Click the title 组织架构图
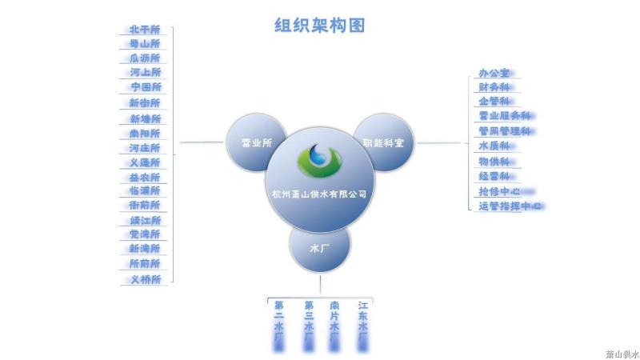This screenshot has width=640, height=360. click(320, 26)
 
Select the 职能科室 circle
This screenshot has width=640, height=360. click(383, 143)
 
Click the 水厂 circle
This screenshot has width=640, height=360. click(319, 248)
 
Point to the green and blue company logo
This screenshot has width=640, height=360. click(319, 159)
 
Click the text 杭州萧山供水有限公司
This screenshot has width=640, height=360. click(319, 194)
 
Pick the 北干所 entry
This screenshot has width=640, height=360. click(145, 30)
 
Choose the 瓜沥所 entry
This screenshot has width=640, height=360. click(145, 58)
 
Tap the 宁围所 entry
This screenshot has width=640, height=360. click(146, 87)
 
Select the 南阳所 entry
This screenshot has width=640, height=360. click(145, 134)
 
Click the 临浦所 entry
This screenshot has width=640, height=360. click(145, 191)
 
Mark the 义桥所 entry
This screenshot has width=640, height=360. click(145, 279)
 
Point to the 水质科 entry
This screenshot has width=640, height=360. click(494, 146)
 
